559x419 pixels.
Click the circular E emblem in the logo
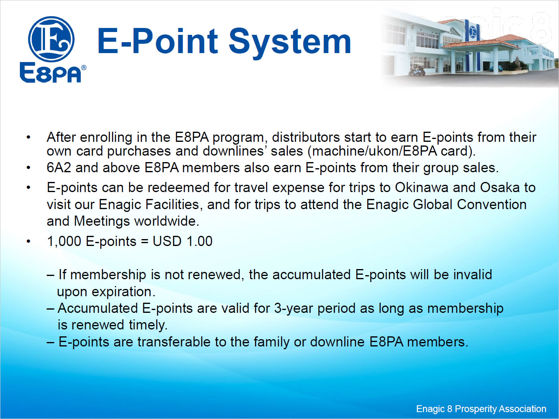(x=51, y=39)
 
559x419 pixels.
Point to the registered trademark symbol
(x=84, y=68)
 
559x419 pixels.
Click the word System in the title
(x=290, y=41)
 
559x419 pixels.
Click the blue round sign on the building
(x=473, y=31)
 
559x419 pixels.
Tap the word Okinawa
(x=422, y=188)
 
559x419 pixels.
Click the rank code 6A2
(x=59, y=168)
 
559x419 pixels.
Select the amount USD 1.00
(x=182, y=242)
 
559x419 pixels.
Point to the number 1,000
(x=64, y=242)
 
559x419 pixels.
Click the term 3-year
(x=293, y=308)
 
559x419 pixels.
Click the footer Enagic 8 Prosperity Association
(x=481, y=409)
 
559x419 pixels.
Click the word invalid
(x=472, y=275)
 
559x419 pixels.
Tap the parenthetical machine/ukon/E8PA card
(x=391, y=151)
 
